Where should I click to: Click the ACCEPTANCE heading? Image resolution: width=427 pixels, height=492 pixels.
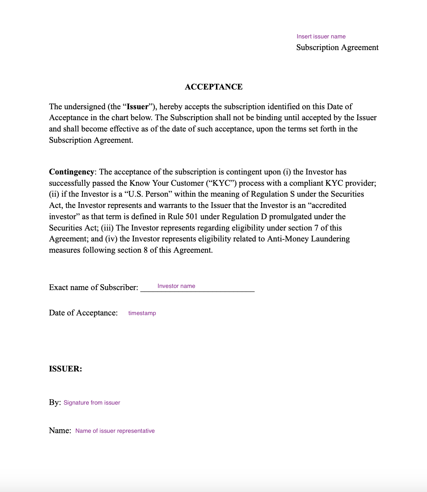point(213,87)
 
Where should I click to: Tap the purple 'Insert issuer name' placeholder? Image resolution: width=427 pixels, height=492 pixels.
point(321,37)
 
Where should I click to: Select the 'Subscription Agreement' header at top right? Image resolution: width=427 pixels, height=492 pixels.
point(337,48)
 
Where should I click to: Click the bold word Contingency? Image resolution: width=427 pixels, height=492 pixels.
point(72,172)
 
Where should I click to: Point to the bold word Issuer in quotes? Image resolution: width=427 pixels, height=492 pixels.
point(137,107)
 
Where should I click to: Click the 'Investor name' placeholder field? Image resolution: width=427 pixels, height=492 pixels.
point(176,286)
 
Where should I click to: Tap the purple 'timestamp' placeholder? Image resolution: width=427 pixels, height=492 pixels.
point(142,313)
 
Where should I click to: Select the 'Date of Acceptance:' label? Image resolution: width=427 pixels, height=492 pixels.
point(83,313)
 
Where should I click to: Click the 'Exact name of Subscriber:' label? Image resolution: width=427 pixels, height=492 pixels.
point(93,288)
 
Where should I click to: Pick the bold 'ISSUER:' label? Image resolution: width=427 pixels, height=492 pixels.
point(66,369)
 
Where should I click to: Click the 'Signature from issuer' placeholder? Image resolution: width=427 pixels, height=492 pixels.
point(92,403)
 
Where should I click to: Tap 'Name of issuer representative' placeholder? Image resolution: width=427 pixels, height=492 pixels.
point(115,431)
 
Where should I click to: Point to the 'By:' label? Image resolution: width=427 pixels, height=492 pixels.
point(55,402)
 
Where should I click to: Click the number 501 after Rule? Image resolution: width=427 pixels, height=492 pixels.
point(191,217)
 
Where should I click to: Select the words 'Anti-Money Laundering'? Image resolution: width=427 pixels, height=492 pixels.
point(308,239)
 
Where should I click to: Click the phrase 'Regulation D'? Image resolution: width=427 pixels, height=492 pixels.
point(244,217)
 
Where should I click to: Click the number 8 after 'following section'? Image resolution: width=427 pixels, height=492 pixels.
point(146,250)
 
